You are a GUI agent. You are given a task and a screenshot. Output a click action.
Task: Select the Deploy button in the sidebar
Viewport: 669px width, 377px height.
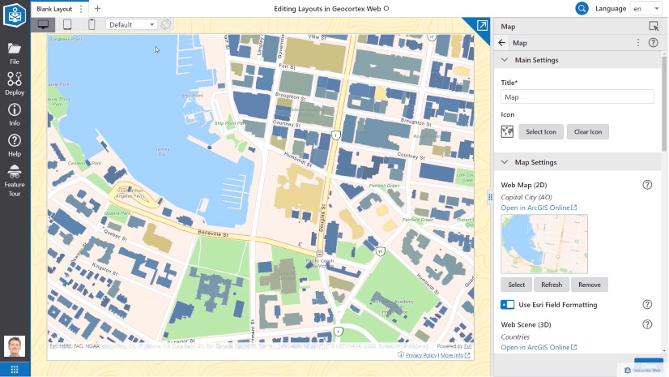click(x=15, y=83)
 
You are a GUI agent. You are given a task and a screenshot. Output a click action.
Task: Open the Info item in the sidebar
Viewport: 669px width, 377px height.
click(x=15, y=114)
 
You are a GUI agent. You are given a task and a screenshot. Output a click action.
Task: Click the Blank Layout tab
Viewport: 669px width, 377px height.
click(x=54, y=8)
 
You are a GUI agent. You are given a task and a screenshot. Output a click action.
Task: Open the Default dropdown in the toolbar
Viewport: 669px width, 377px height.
click(x=132, y=24)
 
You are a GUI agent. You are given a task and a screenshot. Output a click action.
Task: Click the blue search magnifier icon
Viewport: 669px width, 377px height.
click(x=582, y=9)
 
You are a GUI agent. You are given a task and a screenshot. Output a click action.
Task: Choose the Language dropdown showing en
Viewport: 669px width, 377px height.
click(x=646, y=9)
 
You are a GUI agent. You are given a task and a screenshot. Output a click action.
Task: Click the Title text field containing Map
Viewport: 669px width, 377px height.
click(x=577, y=96)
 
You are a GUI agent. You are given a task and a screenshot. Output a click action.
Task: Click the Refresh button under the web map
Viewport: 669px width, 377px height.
click(x=551, y=285)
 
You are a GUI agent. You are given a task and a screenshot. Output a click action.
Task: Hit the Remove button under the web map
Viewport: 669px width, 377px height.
click(x=589, y=285)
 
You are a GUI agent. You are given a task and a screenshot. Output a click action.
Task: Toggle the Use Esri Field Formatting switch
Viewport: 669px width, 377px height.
click(x=508, y=305)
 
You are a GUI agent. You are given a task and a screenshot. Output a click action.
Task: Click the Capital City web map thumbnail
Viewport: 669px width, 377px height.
click(x=544, y=243)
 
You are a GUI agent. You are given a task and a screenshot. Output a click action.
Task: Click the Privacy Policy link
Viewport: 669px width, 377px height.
click(x=420, y=355)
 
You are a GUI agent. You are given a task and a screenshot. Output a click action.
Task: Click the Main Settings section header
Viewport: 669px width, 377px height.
click(x=536, y=60)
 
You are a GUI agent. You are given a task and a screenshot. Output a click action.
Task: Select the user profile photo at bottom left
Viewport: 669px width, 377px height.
click(x=15, y=346)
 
